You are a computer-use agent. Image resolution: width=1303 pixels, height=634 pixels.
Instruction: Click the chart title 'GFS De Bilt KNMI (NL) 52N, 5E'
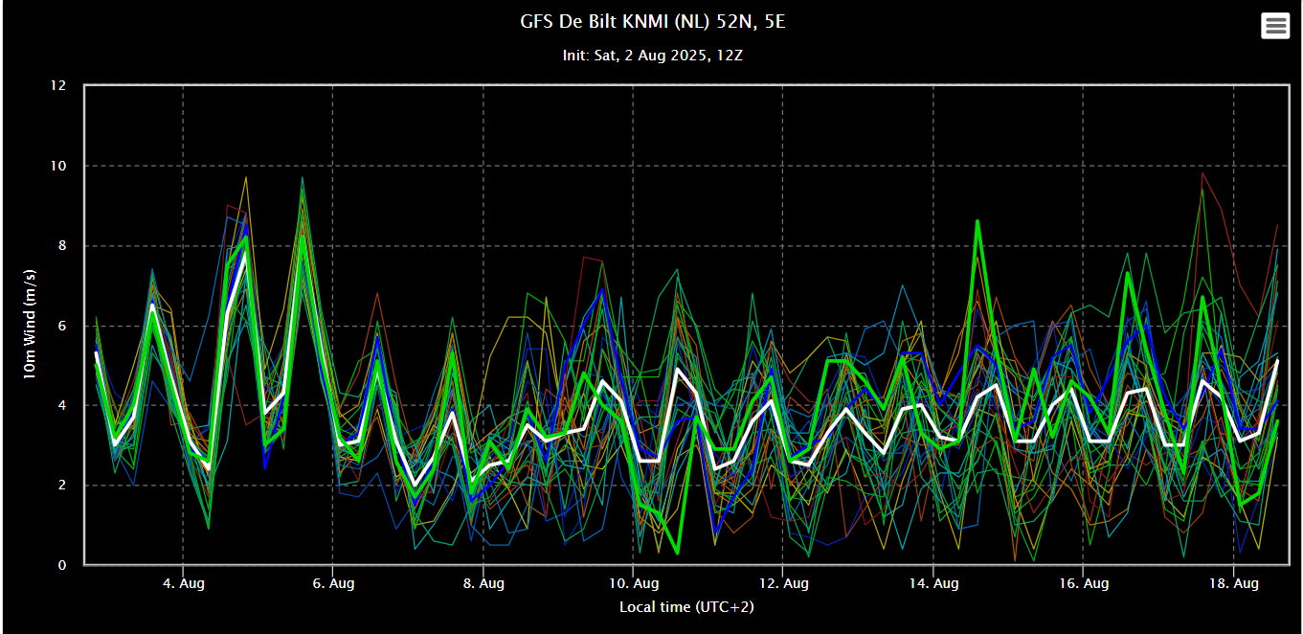coord(652,21)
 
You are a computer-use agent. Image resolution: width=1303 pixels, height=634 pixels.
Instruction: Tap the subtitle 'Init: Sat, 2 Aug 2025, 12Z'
coord(652,56)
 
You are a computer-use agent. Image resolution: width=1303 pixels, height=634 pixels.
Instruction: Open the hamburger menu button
coord(1275,26)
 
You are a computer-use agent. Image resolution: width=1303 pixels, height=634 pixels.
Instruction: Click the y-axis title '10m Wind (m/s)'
coord(29,324)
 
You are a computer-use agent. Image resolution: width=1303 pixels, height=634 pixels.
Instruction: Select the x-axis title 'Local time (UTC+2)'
coord(686,606)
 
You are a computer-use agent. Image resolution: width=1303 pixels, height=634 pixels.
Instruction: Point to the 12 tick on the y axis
coord(58,85)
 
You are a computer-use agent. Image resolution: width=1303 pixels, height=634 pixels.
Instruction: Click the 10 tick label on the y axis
coord(58,166)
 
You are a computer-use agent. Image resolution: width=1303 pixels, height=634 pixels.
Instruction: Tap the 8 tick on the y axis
coord(62,245)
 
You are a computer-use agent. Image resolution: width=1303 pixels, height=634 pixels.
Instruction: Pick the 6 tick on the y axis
coord(62,326)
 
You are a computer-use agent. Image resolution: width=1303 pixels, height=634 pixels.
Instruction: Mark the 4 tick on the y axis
coord(62,405)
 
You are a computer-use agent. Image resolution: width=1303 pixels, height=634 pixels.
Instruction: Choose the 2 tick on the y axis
coord(62,486)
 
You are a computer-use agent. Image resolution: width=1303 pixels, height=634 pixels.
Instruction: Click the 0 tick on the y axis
coord(62,565)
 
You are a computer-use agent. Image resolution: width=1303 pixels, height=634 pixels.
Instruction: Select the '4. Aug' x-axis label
coord(183,583)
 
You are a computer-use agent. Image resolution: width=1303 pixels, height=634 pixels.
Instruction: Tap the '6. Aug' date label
coord(333,583)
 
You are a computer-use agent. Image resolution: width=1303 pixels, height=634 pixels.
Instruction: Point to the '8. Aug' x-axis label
coord(483,583)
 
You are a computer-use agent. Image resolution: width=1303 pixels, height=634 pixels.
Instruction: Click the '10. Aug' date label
coord(634,583)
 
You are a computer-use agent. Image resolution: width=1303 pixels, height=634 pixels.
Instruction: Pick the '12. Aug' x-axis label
coord(783,583)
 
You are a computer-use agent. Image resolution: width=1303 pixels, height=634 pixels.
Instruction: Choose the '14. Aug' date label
coord(933,583)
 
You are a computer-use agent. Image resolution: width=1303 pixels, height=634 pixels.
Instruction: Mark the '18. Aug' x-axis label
coord(1234,583)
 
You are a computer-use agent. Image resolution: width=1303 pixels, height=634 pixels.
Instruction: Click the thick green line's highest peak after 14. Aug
coord(977,221)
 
